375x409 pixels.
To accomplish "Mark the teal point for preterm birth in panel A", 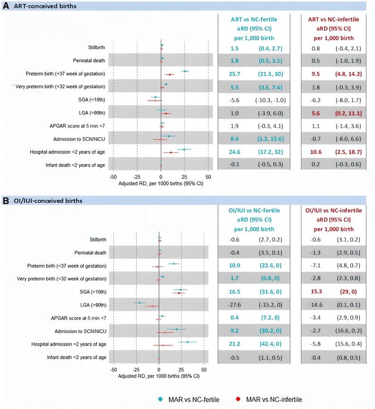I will pos(185,71).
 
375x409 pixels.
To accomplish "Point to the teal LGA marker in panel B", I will pos(139,302).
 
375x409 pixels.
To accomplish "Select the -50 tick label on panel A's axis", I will pos(113,176).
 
